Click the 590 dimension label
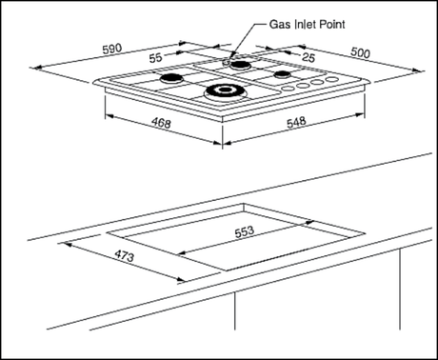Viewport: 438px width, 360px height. click(112, 49)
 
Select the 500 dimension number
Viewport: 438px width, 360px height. click(360, 52)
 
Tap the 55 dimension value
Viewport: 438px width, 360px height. click(156, 58)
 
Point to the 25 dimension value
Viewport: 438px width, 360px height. click(309, 57)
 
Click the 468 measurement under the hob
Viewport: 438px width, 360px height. click(161, 123)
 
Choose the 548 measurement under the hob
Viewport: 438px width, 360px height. click(296, 122)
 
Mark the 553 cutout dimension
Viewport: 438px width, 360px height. click(245, 231)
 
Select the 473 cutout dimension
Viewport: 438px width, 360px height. click(124, 256)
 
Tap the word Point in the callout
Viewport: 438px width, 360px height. click(332, 25)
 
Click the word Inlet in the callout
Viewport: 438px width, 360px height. click(305, 25)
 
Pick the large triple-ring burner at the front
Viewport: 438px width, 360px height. click(225, 91)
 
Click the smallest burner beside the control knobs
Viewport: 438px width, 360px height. click(283, 74)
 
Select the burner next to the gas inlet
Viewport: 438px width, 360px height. click(241, 66)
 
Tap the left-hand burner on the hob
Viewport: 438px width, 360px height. click(171, 78)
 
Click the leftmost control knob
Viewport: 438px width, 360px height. click(288, 89)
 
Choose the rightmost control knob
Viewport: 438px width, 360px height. click(332, 79)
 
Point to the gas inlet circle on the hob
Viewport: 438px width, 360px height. click(227, 62)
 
